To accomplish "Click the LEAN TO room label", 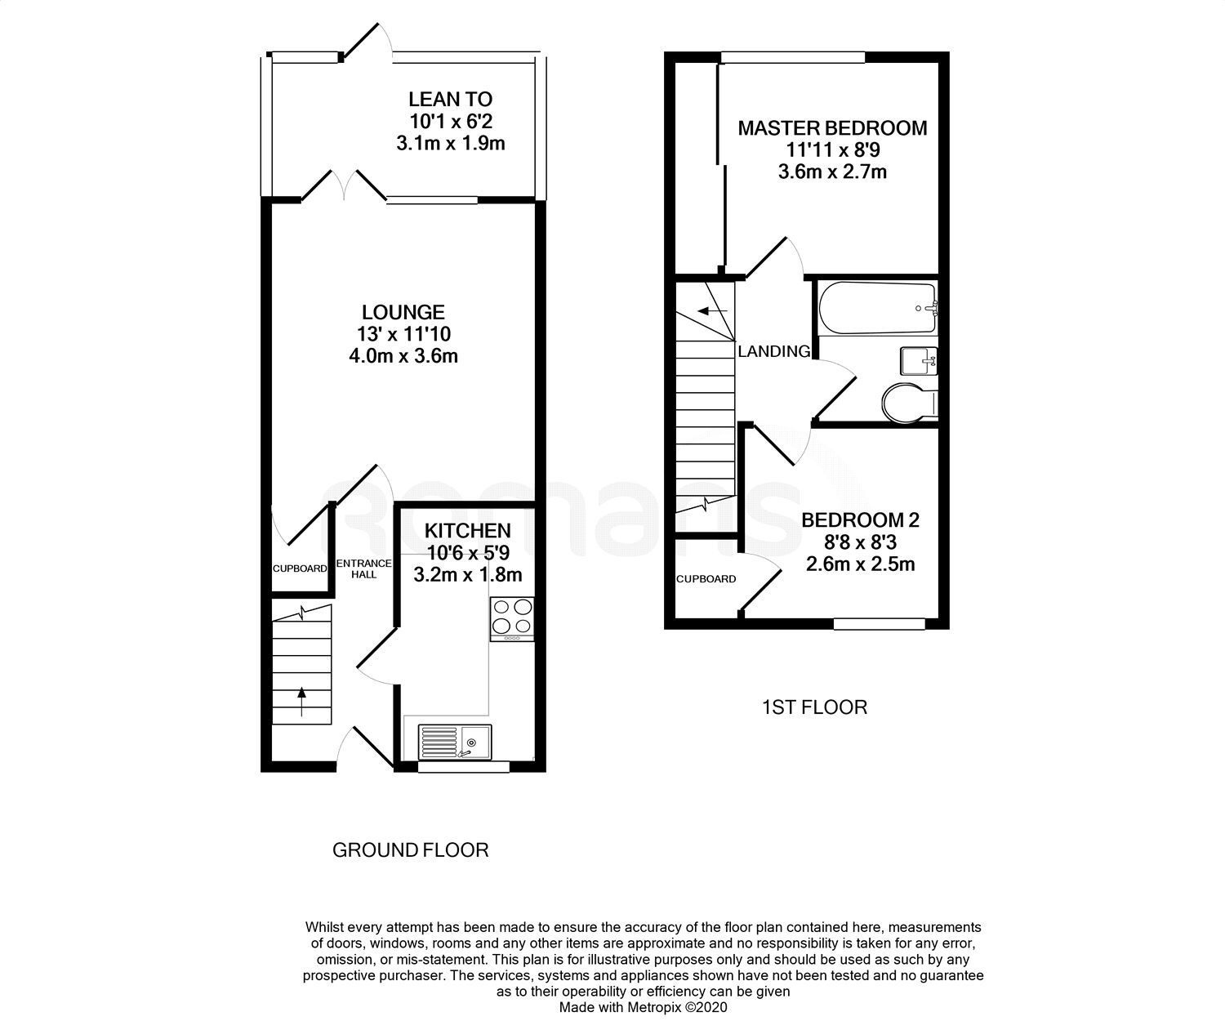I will [x=450, y=100].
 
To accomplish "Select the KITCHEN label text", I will [x=467, y=531].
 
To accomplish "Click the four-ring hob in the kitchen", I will [x=512, y=618].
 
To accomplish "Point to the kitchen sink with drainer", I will [x=453, y=742].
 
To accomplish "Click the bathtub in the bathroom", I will [x=877, y=308].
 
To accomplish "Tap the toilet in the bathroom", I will [x=910, y=402].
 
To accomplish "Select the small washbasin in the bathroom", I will [x=919, y=359].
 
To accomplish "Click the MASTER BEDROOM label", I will [x=832, y=128].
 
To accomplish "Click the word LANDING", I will [x=774, y=352].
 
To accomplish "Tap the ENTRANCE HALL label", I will [x=364, y=568].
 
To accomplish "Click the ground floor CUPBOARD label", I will [x=300, y=568].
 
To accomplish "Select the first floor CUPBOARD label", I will [x=706, y=579].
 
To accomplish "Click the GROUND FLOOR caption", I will [x=410, y=850].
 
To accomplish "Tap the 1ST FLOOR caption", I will [x=814, y=707].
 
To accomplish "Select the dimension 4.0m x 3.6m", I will [x=403, y=356].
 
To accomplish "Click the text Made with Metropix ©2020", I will [x=643, y=1008].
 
